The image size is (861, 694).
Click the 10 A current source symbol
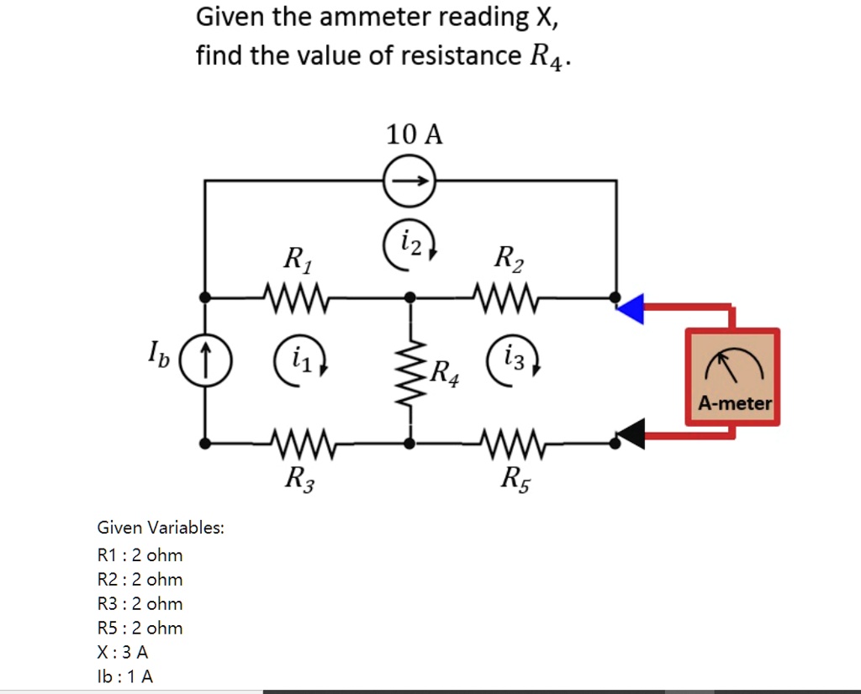(409, 181)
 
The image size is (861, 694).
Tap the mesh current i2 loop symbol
(409, 244)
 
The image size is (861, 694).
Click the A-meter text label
(734, 404)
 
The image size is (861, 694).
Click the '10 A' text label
(414, 134)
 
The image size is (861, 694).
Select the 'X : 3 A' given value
(123, 652)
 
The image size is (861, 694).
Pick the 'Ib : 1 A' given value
(125, 676)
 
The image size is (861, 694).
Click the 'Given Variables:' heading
(161, 528)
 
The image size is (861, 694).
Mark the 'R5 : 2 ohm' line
(140, 628)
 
